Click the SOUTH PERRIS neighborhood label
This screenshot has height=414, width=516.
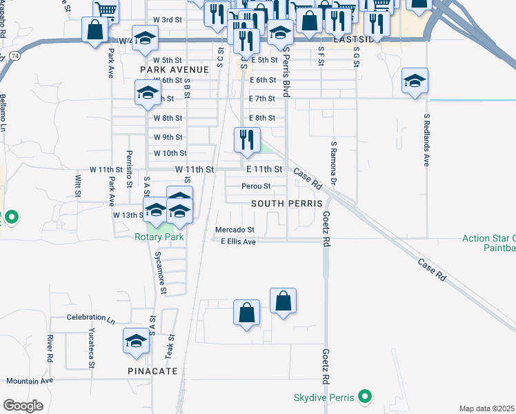click(x=287, y=204)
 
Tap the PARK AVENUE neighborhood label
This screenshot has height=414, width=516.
click(x=174, y=70)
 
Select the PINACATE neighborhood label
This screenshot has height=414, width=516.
click(x=152, y=371)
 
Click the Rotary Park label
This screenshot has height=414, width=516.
click(x=159, y=237)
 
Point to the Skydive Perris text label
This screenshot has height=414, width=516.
click(x=324, y=397)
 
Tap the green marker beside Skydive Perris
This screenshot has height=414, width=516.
click(x=367, y=397)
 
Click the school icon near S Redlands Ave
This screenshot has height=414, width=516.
click(x=415, y=82)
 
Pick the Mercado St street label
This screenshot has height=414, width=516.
click(x=235, y=230)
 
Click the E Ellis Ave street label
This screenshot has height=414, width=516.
click(x=238, y=241)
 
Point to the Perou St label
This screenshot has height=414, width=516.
click(x=256, y=186)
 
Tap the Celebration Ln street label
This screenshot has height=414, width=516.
click(x=90, y=319)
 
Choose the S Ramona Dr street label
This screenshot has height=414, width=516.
click(x=333, y=163)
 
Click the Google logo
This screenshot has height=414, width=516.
click(x=23, y=406)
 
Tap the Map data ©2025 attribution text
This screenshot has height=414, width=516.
click(x=487, y=408)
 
